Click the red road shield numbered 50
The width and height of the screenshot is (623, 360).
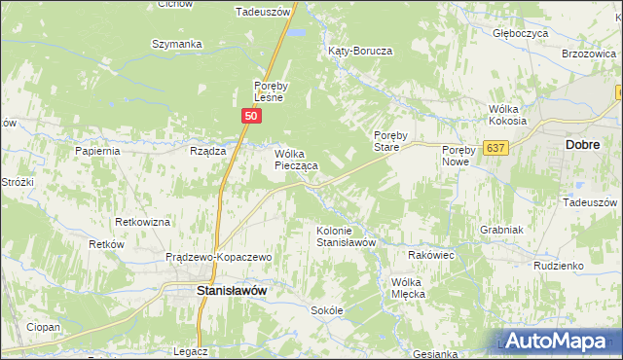point(251,116)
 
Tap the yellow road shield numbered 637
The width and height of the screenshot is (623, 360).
point(496,148)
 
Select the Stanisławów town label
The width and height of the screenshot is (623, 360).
point(232,290)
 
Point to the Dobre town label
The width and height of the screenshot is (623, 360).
point(582,143)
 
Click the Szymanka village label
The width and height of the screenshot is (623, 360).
point(176,44)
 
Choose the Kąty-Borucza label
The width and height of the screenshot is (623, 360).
point(359,50)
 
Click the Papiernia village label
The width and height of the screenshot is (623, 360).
point(97,151)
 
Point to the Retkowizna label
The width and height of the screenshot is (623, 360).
point(142,222)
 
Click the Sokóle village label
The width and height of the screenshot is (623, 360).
point(327,310)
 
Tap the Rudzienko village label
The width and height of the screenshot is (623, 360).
point(558,265)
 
